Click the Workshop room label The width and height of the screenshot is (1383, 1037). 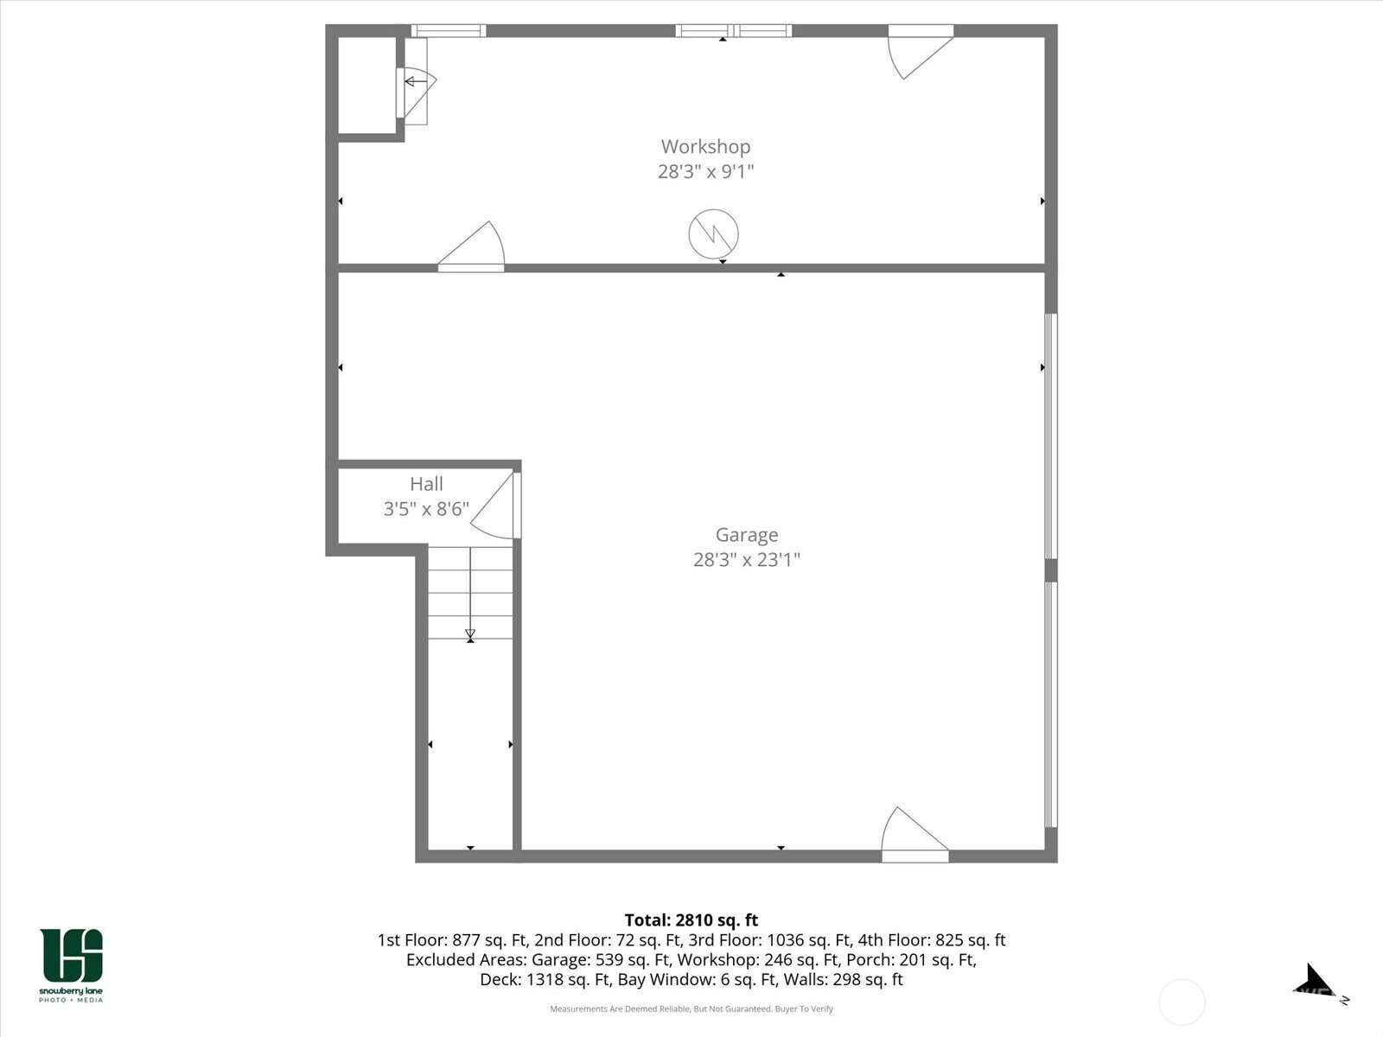coord(705,147)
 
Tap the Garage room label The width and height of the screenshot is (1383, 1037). coord(747,535)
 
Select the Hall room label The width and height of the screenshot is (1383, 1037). coord(426,484)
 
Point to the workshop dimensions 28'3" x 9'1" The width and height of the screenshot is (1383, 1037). coord(705,171)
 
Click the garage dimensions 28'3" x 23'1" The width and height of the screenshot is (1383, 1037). coord(747,559)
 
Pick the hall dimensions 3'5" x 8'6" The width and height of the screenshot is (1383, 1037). coord(426,508)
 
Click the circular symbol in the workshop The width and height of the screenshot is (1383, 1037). coord(713,233)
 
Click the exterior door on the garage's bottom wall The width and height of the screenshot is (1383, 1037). coord(915,834)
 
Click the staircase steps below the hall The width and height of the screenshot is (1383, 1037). coord(470,593)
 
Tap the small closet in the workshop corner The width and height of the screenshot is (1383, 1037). coord(367,85)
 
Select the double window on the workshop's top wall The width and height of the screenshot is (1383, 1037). coord(733,31)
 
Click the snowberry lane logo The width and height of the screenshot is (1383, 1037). coord(71,965)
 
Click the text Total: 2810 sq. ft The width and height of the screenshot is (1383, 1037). coord(691,919)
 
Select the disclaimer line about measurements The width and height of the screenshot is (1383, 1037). coord(691,1008)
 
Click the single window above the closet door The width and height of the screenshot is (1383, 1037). coord(449,31)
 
